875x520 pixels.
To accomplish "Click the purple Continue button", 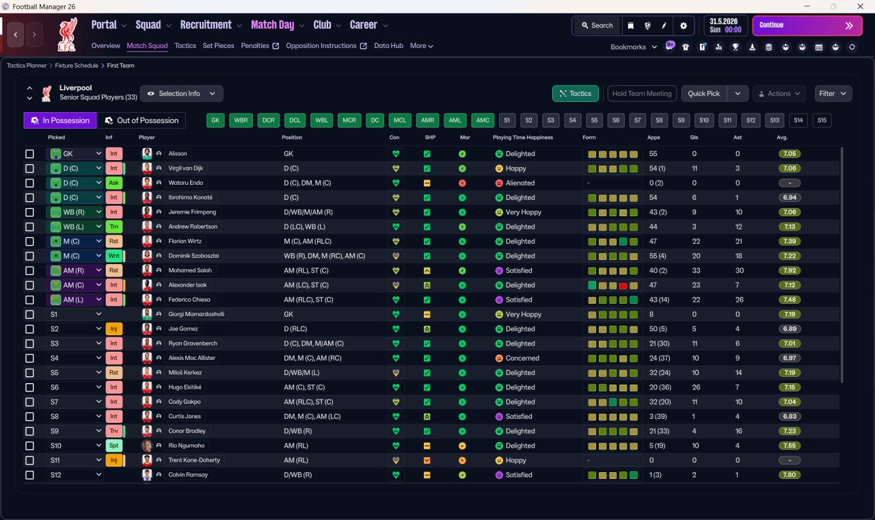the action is point(807,25).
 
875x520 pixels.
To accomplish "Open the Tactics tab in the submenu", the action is point(185,46).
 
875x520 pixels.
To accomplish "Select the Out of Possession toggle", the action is point(142,120).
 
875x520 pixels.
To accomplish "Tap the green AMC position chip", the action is point(483,120).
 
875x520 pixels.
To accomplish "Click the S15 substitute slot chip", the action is point(822,120).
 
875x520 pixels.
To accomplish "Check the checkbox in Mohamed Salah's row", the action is point(29,270).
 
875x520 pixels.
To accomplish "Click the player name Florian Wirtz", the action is point(185,242).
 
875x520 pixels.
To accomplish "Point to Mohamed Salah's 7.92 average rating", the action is point(790,270).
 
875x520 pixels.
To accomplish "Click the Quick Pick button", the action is point(703,94).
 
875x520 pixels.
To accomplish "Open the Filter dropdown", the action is point(833,94).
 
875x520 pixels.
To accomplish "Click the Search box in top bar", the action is point(597,25).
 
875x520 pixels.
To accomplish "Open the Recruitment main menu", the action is point(206,25).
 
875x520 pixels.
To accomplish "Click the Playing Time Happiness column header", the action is point(523,138).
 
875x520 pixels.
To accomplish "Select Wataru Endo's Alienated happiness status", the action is point(520,183).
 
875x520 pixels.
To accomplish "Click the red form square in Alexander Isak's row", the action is point(623,285).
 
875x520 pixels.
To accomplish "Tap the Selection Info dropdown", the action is point(182,94).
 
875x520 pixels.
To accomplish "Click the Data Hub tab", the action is point(388,46).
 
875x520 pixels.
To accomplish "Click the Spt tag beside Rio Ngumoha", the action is point(113,445).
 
